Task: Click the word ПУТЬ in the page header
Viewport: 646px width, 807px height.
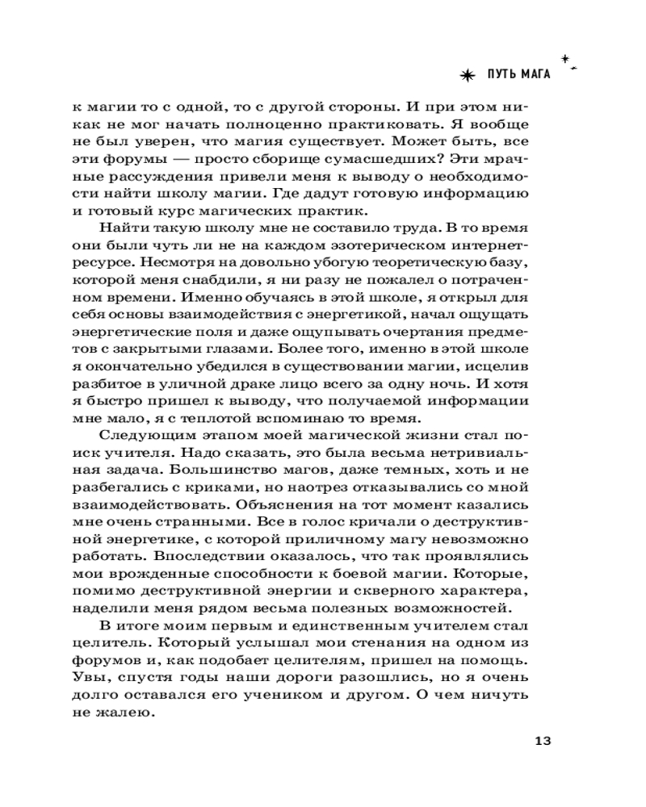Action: coord(502,75)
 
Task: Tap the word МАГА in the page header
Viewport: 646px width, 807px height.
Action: coord(535,75)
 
